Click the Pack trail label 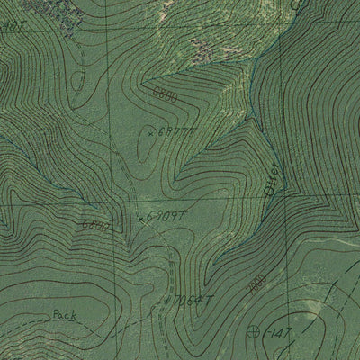(64, 315)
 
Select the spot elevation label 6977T (173, 133)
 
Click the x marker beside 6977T (149, 132)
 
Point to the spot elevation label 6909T (166, 216)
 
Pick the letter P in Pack (56, 315)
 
